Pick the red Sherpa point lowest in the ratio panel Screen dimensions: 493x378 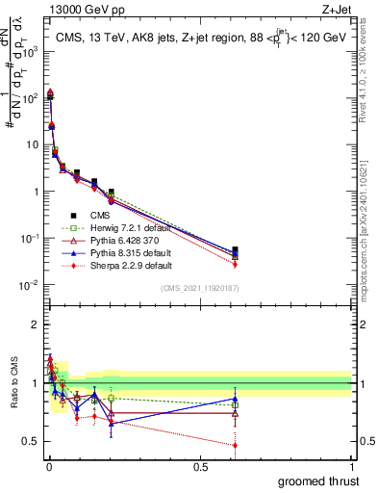(235, 445)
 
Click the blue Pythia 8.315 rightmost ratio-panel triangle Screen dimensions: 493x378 (235, 399)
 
